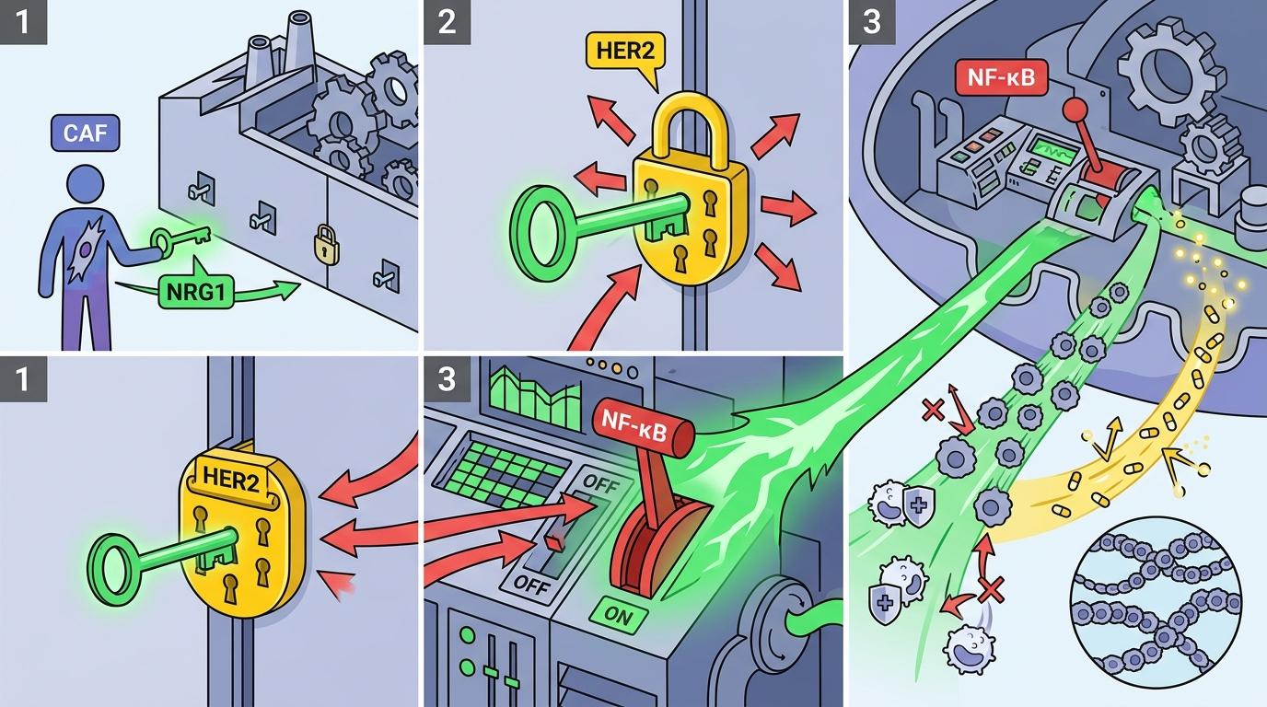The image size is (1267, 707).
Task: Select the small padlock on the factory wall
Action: [324, 243]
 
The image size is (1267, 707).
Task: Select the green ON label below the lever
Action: [619, 615]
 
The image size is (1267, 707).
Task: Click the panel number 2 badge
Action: [447, 21]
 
